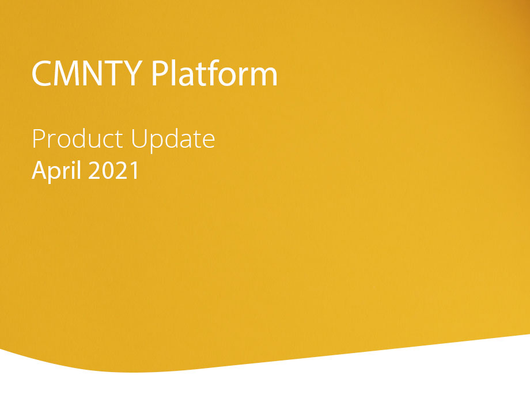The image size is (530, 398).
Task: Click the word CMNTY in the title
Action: point(87,73)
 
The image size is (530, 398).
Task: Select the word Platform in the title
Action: point(214,73)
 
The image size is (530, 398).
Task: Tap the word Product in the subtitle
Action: point(77,138)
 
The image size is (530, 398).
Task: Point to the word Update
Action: point(173,140)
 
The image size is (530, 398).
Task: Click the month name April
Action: point(57,171)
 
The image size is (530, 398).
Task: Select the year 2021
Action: point(113,170)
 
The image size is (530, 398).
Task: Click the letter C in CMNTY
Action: point(41,73)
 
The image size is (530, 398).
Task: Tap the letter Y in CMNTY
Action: point(132,73)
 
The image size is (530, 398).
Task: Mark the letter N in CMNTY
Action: point(93,73)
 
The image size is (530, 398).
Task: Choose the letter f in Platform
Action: point(210,73)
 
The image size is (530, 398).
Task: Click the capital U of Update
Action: point(139,139)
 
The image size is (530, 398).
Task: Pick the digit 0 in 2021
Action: point(108,170)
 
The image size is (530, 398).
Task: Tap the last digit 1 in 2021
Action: point(135,170)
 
